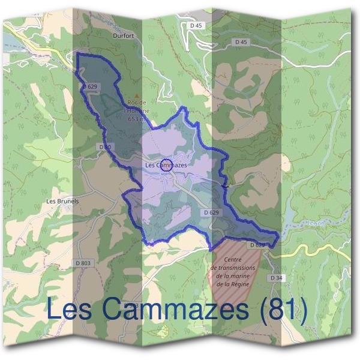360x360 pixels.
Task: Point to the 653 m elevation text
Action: tap(137, 119)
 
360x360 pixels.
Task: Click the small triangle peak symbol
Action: tap(137, 96)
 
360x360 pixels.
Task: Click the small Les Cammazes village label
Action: tap(166, 164)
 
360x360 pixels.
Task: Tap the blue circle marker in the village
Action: tap(167, 166)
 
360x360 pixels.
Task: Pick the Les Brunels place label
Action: tap(62, 201)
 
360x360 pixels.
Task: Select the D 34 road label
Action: tap(276, 278)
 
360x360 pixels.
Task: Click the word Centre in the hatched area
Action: tap(233, 259)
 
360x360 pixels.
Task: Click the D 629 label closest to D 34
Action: tap(256, 245)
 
